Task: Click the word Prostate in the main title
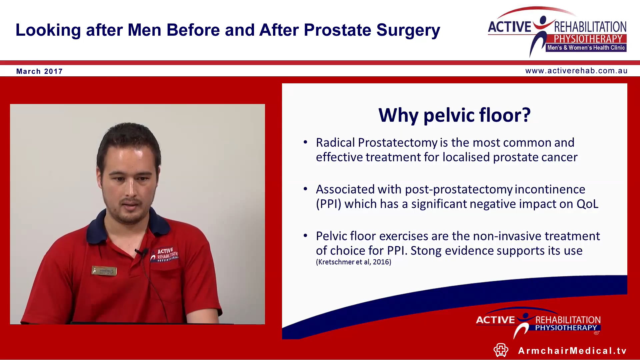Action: point(337,30)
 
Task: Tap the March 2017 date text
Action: point(39,71)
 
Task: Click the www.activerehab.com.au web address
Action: point(576,71)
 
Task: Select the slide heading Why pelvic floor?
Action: point(454,115)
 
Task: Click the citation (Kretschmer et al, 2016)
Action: point(353,262)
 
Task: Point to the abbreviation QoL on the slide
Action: point(587,204)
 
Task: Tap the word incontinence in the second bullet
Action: point(550,189)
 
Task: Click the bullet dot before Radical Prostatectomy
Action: point(305,142)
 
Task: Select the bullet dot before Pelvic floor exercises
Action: point(305,236)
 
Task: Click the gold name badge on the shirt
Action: point(104,271)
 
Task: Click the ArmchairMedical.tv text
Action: point(572,351)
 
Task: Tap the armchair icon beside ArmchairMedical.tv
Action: point(501,350)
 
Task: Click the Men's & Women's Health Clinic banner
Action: point(586,48)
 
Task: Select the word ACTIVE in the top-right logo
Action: point(509,27)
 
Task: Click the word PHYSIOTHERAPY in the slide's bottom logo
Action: point(566,328)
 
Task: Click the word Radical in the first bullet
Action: point(335,143)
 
